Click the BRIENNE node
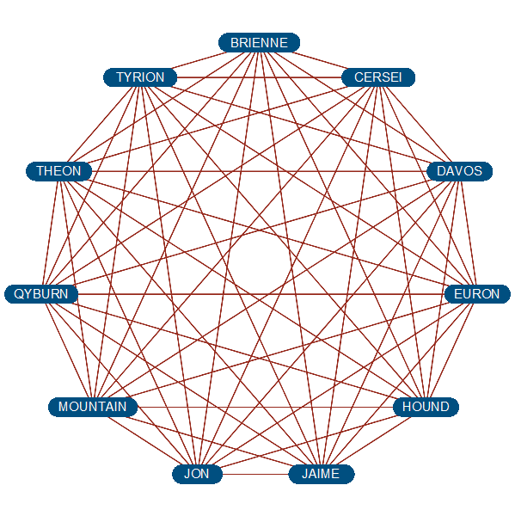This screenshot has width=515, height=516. coord(259,43)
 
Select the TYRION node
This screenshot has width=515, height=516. coord(140,77)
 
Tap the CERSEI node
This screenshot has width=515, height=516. coord(378,77)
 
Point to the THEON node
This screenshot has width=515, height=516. coord(59,171)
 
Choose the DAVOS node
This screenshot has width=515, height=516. coord(459,171)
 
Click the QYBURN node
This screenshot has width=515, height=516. coord(41,294)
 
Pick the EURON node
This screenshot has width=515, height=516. coord(477,294)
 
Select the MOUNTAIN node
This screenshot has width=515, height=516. coord(93,407)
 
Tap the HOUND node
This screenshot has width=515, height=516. coord(426,407)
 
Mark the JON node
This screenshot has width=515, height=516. coord(197,474)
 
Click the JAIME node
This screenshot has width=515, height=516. coord(322,474)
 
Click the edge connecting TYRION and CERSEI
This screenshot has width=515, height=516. coord(260,77)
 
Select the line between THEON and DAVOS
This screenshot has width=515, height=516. coord(260,171)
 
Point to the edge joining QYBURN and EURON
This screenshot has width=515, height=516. coord(261,294)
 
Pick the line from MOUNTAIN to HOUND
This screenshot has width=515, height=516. coord(265,407)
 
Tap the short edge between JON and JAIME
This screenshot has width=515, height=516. coord(255,474)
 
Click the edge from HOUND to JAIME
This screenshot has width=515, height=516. coord(374,440)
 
